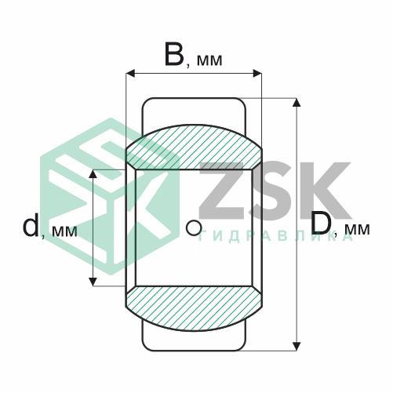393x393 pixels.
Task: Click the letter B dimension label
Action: coord(174,55)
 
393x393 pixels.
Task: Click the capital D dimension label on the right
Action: coord(322,223)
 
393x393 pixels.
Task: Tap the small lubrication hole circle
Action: coord(194,227)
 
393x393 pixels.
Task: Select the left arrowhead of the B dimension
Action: coord(130,74)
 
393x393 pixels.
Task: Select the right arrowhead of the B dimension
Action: coord(257,74)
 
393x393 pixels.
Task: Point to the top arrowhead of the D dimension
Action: coord(297,103)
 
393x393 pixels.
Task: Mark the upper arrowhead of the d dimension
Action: coord(93,174)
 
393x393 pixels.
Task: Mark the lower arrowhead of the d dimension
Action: coord(93,282)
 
